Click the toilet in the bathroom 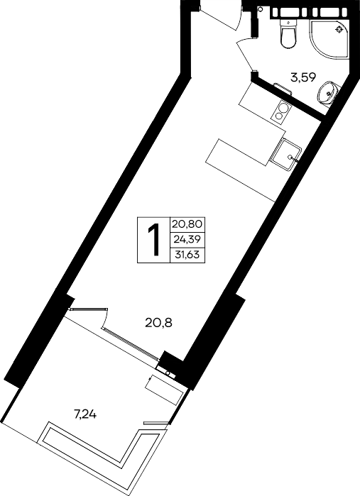pyautogui.click(x=289, y=33)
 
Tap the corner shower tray pyautogui.click(x=329, y=40)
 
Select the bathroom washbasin pyautogui.click(x=328, y=92)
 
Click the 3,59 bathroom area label pyautogui.click(x=304, y=77)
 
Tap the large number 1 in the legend pyautogui.click(x=154, y=239)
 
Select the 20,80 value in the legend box pyautogui.click(x=187, y=224)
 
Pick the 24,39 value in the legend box pyautogui.click(x=187, y=239)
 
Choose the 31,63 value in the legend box pyautogui.click(x=187, y=254)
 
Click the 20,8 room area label pyautogui.click(x=158, y=323)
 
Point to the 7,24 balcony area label pyautogui.click(x=85, y=414)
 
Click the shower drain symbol pyautogui.click(x=339, y=30)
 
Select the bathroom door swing pyautogui.click(x=246, y=53)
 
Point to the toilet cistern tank pyautogui.click(x=289, y=23)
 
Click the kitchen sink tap pyautogui.click(x=293, y=158)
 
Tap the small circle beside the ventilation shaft pyautogui.click(x=261, y=9)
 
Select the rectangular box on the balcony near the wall pyautogui.click(x=165, y=390)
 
